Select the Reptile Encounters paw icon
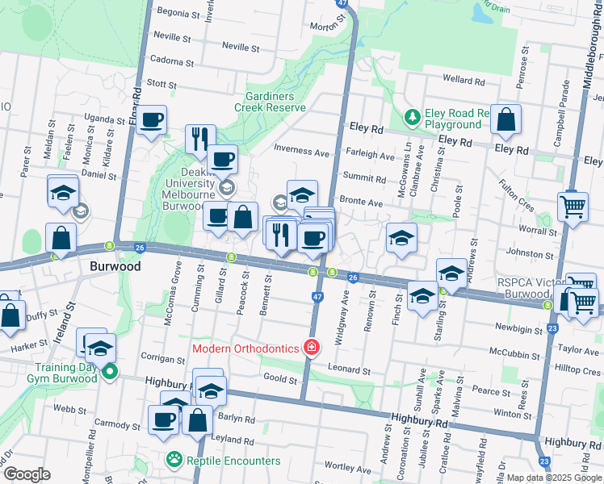(174, 461)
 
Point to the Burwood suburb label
(115, 265)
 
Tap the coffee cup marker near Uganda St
(151, 121)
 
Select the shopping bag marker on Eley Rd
(505, 121)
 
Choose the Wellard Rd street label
(463, 81)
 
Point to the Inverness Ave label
(302, 151)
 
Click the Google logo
(27, 474)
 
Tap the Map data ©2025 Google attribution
(553, 478)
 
